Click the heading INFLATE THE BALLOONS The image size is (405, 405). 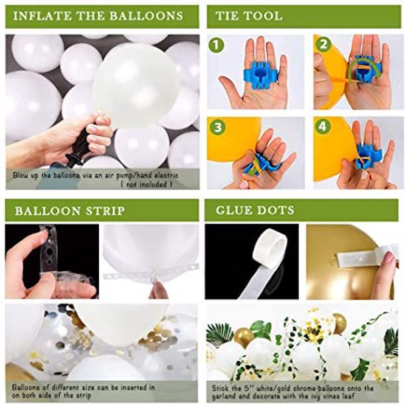click(98, 15)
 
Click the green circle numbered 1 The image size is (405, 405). click(215, 46)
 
